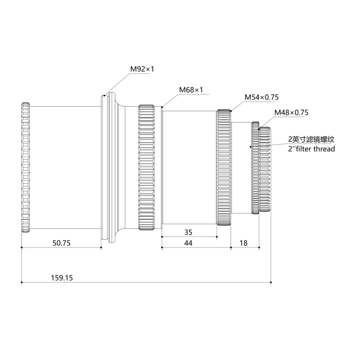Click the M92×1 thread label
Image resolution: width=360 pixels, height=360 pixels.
[x=142, y=69]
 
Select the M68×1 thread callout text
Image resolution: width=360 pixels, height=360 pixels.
[x=190, y=90]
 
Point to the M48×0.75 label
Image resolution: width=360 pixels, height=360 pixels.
[x=291, y=113]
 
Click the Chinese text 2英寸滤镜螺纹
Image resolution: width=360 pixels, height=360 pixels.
[x=311, y=139]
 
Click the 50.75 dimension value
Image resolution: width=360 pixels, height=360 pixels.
[x=61, y=243]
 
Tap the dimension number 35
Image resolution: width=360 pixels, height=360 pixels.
[x=188, y=232]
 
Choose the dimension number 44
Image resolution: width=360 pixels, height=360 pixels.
[x=188, y=243]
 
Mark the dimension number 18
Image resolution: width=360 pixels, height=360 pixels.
[x=243, y=243]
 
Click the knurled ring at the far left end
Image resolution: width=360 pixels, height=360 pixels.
[x=26, y=168]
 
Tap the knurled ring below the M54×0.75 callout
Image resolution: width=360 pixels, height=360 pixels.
[x=224, y=168]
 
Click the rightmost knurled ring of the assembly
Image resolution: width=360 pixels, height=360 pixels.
[x=265, y=171]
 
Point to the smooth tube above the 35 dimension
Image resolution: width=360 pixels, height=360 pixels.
[x=189, y=168]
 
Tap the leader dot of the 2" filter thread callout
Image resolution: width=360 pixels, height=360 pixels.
[x=250, y=147]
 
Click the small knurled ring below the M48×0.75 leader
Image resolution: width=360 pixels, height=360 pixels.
[x=255, y=168]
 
